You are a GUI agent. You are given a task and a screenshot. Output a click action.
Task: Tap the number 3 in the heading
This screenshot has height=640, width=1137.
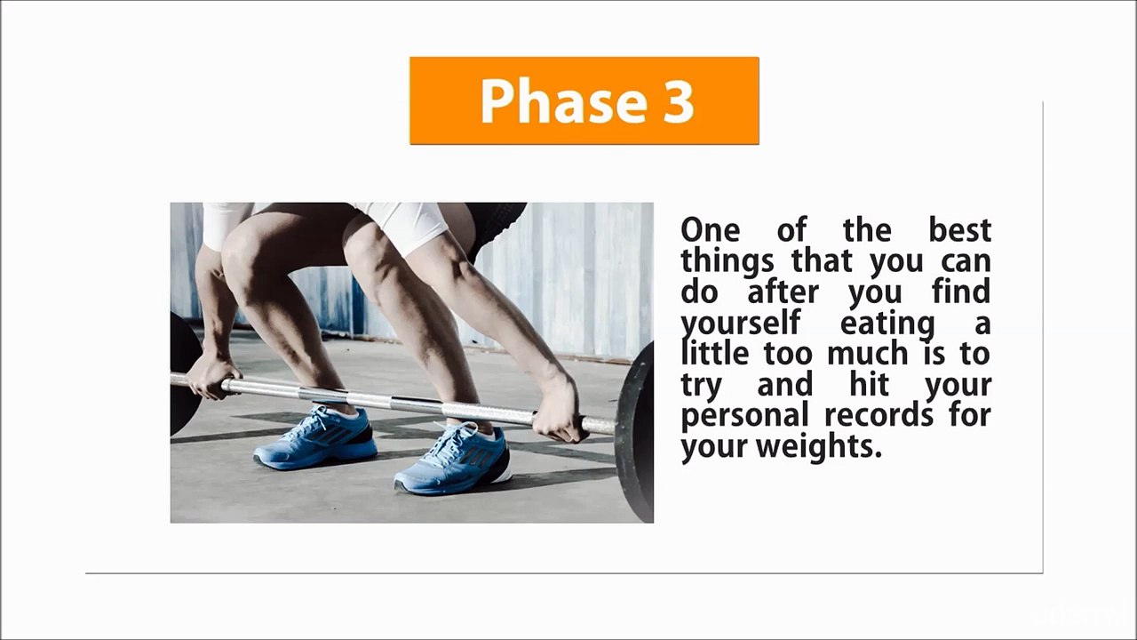(677, 100)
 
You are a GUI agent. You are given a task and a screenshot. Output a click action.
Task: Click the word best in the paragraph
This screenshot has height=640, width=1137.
(959, 230)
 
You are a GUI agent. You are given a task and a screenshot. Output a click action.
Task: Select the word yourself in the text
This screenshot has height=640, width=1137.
(740, 323)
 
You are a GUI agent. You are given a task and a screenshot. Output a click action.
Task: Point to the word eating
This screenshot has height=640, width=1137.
(887, 323)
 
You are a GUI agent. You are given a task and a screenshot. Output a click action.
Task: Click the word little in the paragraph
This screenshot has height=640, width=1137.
(718, 353)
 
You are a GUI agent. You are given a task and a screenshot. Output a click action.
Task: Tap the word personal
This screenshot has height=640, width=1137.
(744, 415)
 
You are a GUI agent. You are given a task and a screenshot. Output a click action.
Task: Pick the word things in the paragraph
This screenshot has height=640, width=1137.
(727, 261)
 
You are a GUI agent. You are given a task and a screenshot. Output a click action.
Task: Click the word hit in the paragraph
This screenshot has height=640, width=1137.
(869, 384)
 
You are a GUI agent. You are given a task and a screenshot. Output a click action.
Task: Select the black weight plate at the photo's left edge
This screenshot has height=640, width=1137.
(184, 373)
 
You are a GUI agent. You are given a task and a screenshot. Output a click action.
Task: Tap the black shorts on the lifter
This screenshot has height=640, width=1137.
(496, 222)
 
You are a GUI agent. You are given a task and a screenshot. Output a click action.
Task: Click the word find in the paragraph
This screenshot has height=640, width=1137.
(961, 292)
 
